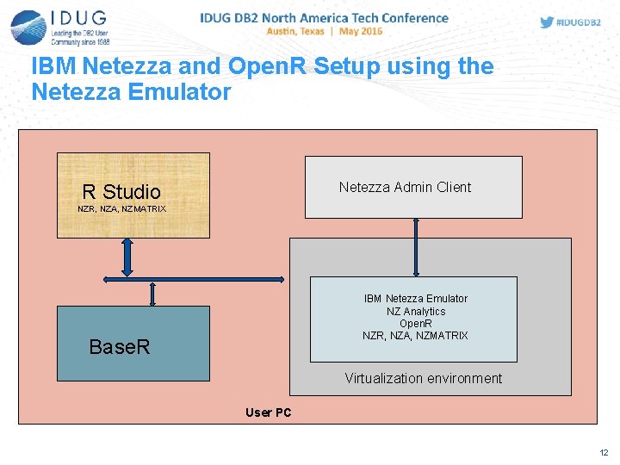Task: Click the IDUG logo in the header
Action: tap(60, 27)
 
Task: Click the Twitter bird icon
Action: tap(547, 22)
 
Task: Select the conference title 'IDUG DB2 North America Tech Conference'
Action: tap(324, 17)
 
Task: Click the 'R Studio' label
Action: tap(121, 192)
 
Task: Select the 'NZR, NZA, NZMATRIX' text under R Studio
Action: tap(121, 209)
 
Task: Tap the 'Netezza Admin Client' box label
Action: tap(405, 187)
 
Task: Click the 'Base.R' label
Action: tap(120, 347)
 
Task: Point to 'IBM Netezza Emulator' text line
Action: tap(415, 299)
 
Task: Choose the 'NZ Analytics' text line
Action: tap(415, 311)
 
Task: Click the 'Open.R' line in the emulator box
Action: tap(415, 324)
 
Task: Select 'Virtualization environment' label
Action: tap(423, 378)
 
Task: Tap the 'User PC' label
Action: tap(268, 412)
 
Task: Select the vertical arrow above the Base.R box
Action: tap(152, 294)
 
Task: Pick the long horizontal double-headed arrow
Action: tap(193, 279)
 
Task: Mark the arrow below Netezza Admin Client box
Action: tap(416, 246)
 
